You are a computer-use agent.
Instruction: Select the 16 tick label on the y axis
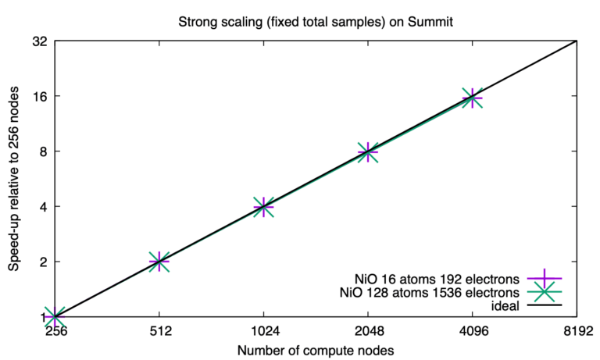tap(40, 97)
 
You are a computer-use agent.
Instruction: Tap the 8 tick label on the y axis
tap(43, 151)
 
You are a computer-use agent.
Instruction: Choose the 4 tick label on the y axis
tap(43, 207)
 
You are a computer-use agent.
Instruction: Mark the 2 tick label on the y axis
tap(43, 262)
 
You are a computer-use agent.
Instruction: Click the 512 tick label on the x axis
tap(159, 330)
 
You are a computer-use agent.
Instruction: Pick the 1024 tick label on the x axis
tap(263, 330)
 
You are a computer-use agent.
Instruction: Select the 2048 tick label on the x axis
tap(367, 330)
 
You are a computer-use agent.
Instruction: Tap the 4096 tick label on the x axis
tap(472, 330)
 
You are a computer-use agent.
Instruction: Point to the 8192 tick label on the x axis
tap(576, 330)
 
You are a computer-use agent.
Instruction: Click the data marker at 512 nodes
tap(159, 262)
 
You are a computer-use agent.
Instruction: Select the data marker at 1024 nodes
tap(263, 207)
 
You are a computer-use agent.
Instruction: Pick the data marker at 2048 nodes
tap(368, 152)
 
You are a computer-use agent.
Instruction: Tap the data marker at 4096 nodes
tap(472, 98)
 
